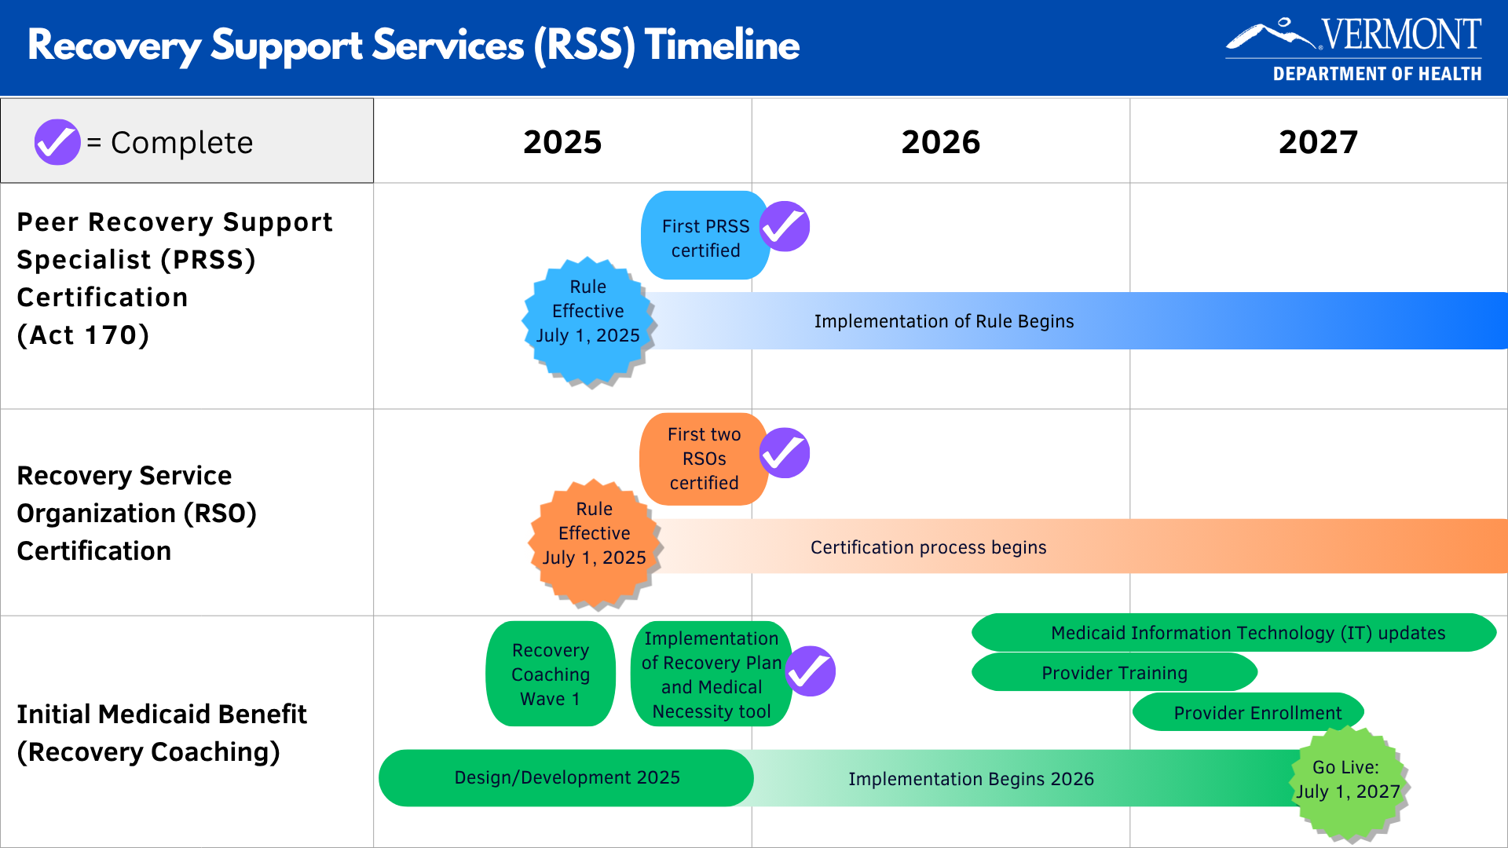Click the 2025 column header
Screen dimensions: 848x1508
562,142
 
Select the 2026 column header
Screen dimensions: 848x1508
940,142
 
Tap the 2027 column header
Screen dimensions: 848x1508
1318,142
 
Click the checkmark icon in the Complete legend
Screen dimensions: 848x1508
57,142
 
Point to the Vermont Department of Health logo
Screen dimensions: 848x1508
1353,49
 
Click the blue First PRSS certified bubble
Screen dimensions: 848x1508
705,236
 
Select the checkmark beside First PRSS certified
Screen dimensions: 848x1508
785,227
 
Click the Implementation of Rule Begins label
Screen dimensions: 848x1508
943,321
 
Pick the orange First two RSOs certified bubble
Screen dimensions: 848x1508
703,459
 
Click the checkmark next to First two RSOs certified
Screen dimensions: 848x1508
785,453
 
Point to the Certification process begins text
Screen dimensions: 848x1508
928,547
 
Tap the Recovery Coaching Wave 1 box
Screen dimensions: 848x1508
550,674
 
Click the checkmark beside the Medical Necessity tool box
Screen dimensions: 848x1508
811,671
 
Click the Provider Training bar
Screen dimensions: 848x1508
1114,673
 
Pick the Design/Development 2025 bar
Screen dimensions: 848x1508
566,777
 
